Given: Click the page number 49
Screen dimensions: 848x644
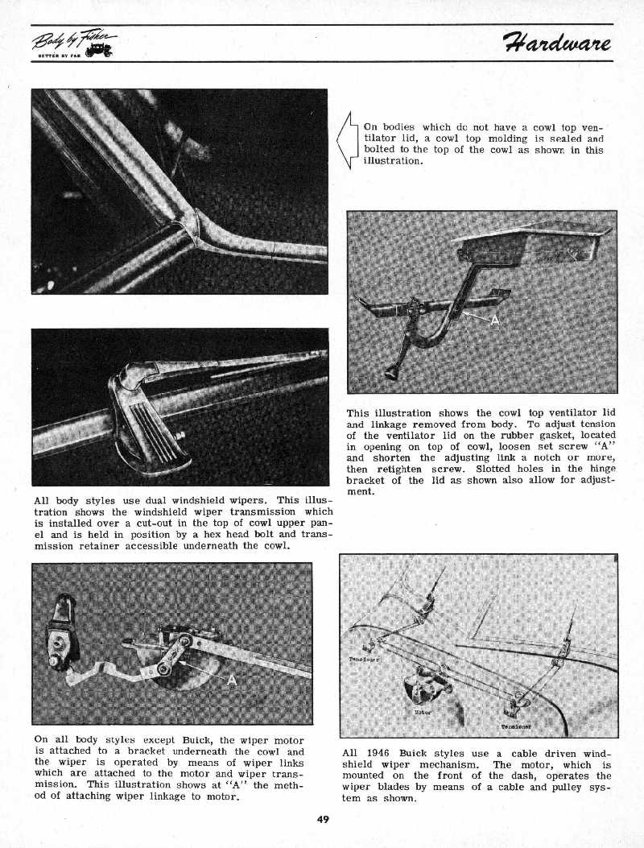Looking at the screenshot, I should point(323,820).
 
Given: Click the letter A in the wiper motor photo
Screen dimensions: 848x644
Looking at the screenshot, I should point(232,680).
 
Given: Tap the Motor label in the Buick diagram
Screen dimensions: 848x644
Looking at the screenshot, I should point(421,712).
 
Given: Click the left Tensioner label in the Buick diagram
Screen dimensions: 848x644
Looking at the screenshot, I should point(364,659).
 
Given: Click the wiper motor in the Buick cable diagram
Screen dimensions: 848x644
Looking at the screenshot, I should point(423,686).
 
